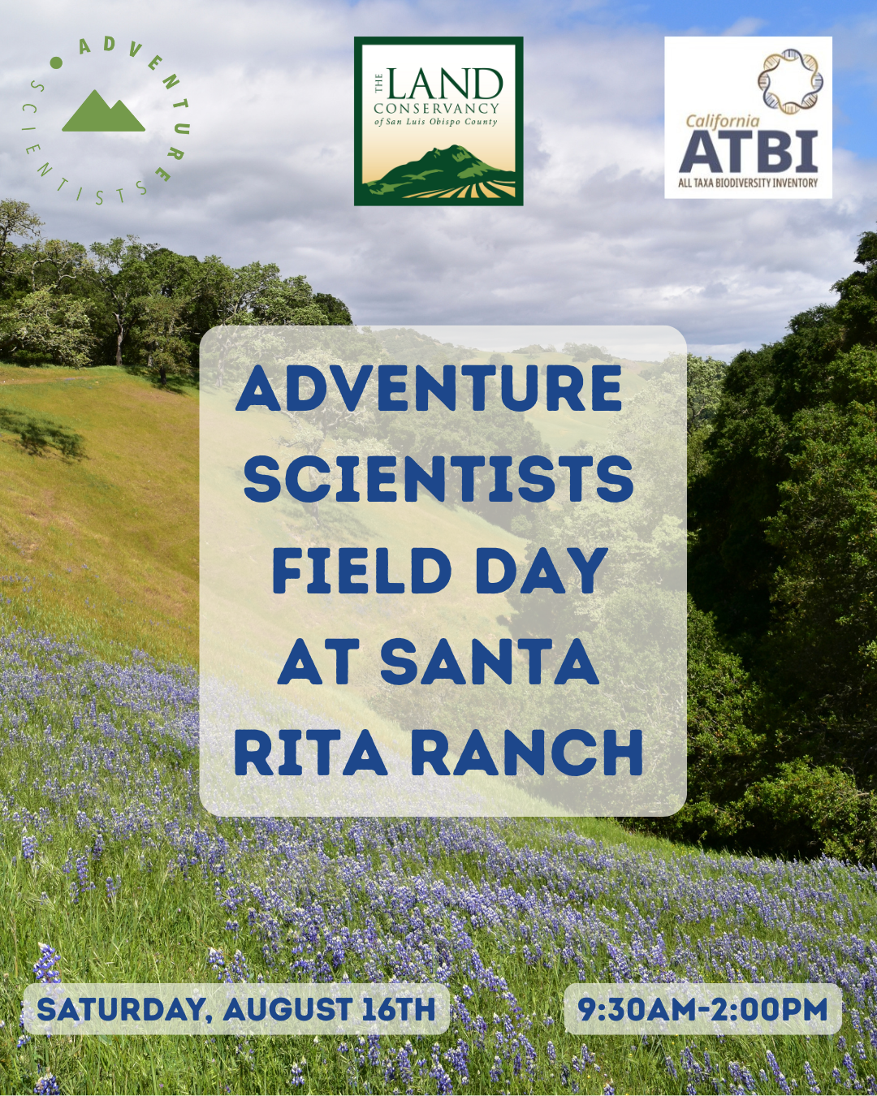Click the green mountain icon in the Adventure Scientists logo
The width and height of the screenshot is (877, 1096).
point(103,111)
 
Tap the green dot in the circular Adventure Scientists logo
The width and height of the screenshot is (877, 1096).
point(56,63)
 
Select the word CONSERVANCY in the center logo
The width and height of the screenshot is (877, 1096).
point(436,109)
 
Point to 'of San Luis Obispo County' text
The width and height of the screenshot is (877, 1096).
point(436,122)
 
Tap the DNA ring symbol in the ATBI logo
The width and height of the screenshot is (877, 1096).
point(790,81)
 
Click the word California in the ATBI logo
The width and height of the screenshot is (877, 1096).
point(722,121)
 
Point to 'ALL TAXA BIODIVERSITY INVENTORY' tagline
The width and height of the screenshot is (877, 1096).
point(748,183)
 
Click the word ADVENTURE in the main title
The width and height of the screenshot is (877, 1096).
point(429,388)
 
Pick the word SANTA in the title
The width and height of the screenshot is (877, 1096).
point(489,662)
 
